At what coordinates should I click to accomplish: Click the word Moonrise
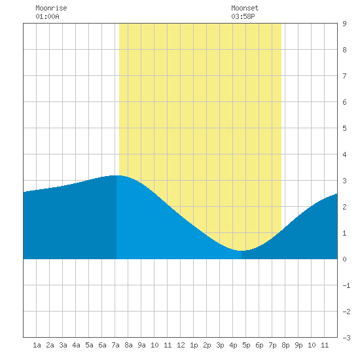(x=51, y=8)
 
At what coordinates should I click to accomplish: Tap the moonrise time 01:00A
(x=47, y=16)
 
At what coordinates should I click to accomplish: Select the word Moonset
(x=245, y=8)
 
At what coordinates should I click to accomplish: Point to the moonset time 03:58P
(x=243, y=16)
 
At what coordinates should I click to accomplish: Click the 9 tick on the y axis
(x=344, y=24)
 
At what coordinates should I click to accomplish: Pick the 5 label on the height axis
(x=344, y=128)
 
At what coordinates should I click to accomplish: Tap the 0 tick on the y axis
(x=344, y=259)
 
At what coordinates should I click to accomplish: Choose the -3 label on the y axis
(x=346, y=338)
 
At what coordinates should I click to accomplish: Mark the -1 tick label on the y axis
(x=346, y=285)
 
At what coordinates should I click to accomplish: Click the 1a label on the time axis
(x=37, y=345)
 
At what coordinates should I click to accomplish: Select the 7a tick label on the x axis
(x=115, y=345)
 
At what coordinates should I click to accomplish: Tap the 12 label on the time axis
(x=181, y=345)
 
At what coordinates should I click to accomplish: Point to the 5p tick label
(x=246, y=345)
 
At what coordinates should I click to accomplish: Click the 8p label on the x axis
(x=285, y=345)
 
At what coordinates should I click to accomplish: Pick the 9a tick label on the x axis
(x=141, y=345)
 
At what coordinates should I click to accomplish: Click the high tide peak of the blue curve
(x=117, y=175)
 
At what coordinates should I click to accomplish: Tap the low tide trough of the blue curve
(x=241, y=251)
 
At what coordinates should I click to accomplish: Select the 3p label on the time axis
(x=220, y=345)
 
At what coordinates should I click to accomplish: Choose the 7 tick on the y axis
(x=344, y=76)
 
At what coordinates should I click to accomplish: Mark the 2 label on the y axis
(x=344, y=207)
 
